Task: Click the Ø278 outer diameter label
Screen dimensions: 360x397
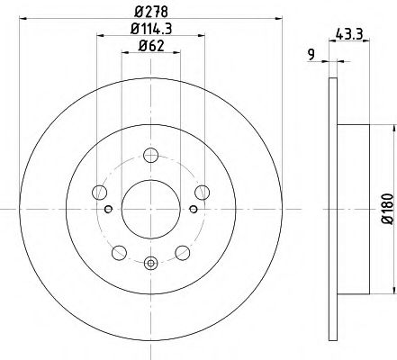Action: click(150, 10)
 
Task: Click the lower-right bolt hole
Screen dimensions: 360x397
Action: click(183, 251)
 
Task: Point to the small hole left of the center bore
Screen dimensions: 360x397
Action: click(108, 210)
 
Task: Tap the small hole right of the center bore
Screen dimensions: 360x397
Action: click(192, 210)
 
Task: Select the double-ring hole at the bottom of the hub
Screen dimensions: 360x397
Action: click(149, 263)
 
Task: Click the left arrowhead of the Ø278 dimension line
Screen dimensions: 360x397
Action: click(23, 20)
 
